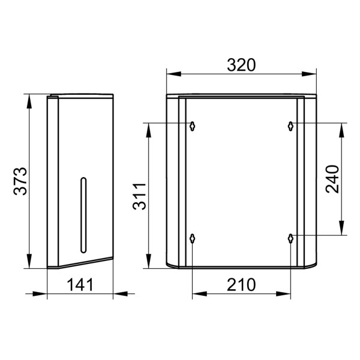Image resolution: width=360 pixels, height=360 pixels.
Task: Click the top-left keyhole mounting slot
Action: coord(192,126)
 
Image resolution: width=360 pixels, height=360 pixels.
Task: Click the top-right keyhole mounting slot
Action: coord(290,126)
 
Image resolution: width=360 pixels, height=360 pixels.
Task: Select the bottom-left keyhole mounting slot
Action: coord(192,238)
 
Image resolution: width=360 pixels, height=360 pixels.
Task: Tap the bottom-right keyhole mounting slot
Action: coord(290,238)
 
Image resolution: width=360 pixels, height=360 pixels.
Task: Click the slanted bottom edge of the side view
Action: coord(84,263)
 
